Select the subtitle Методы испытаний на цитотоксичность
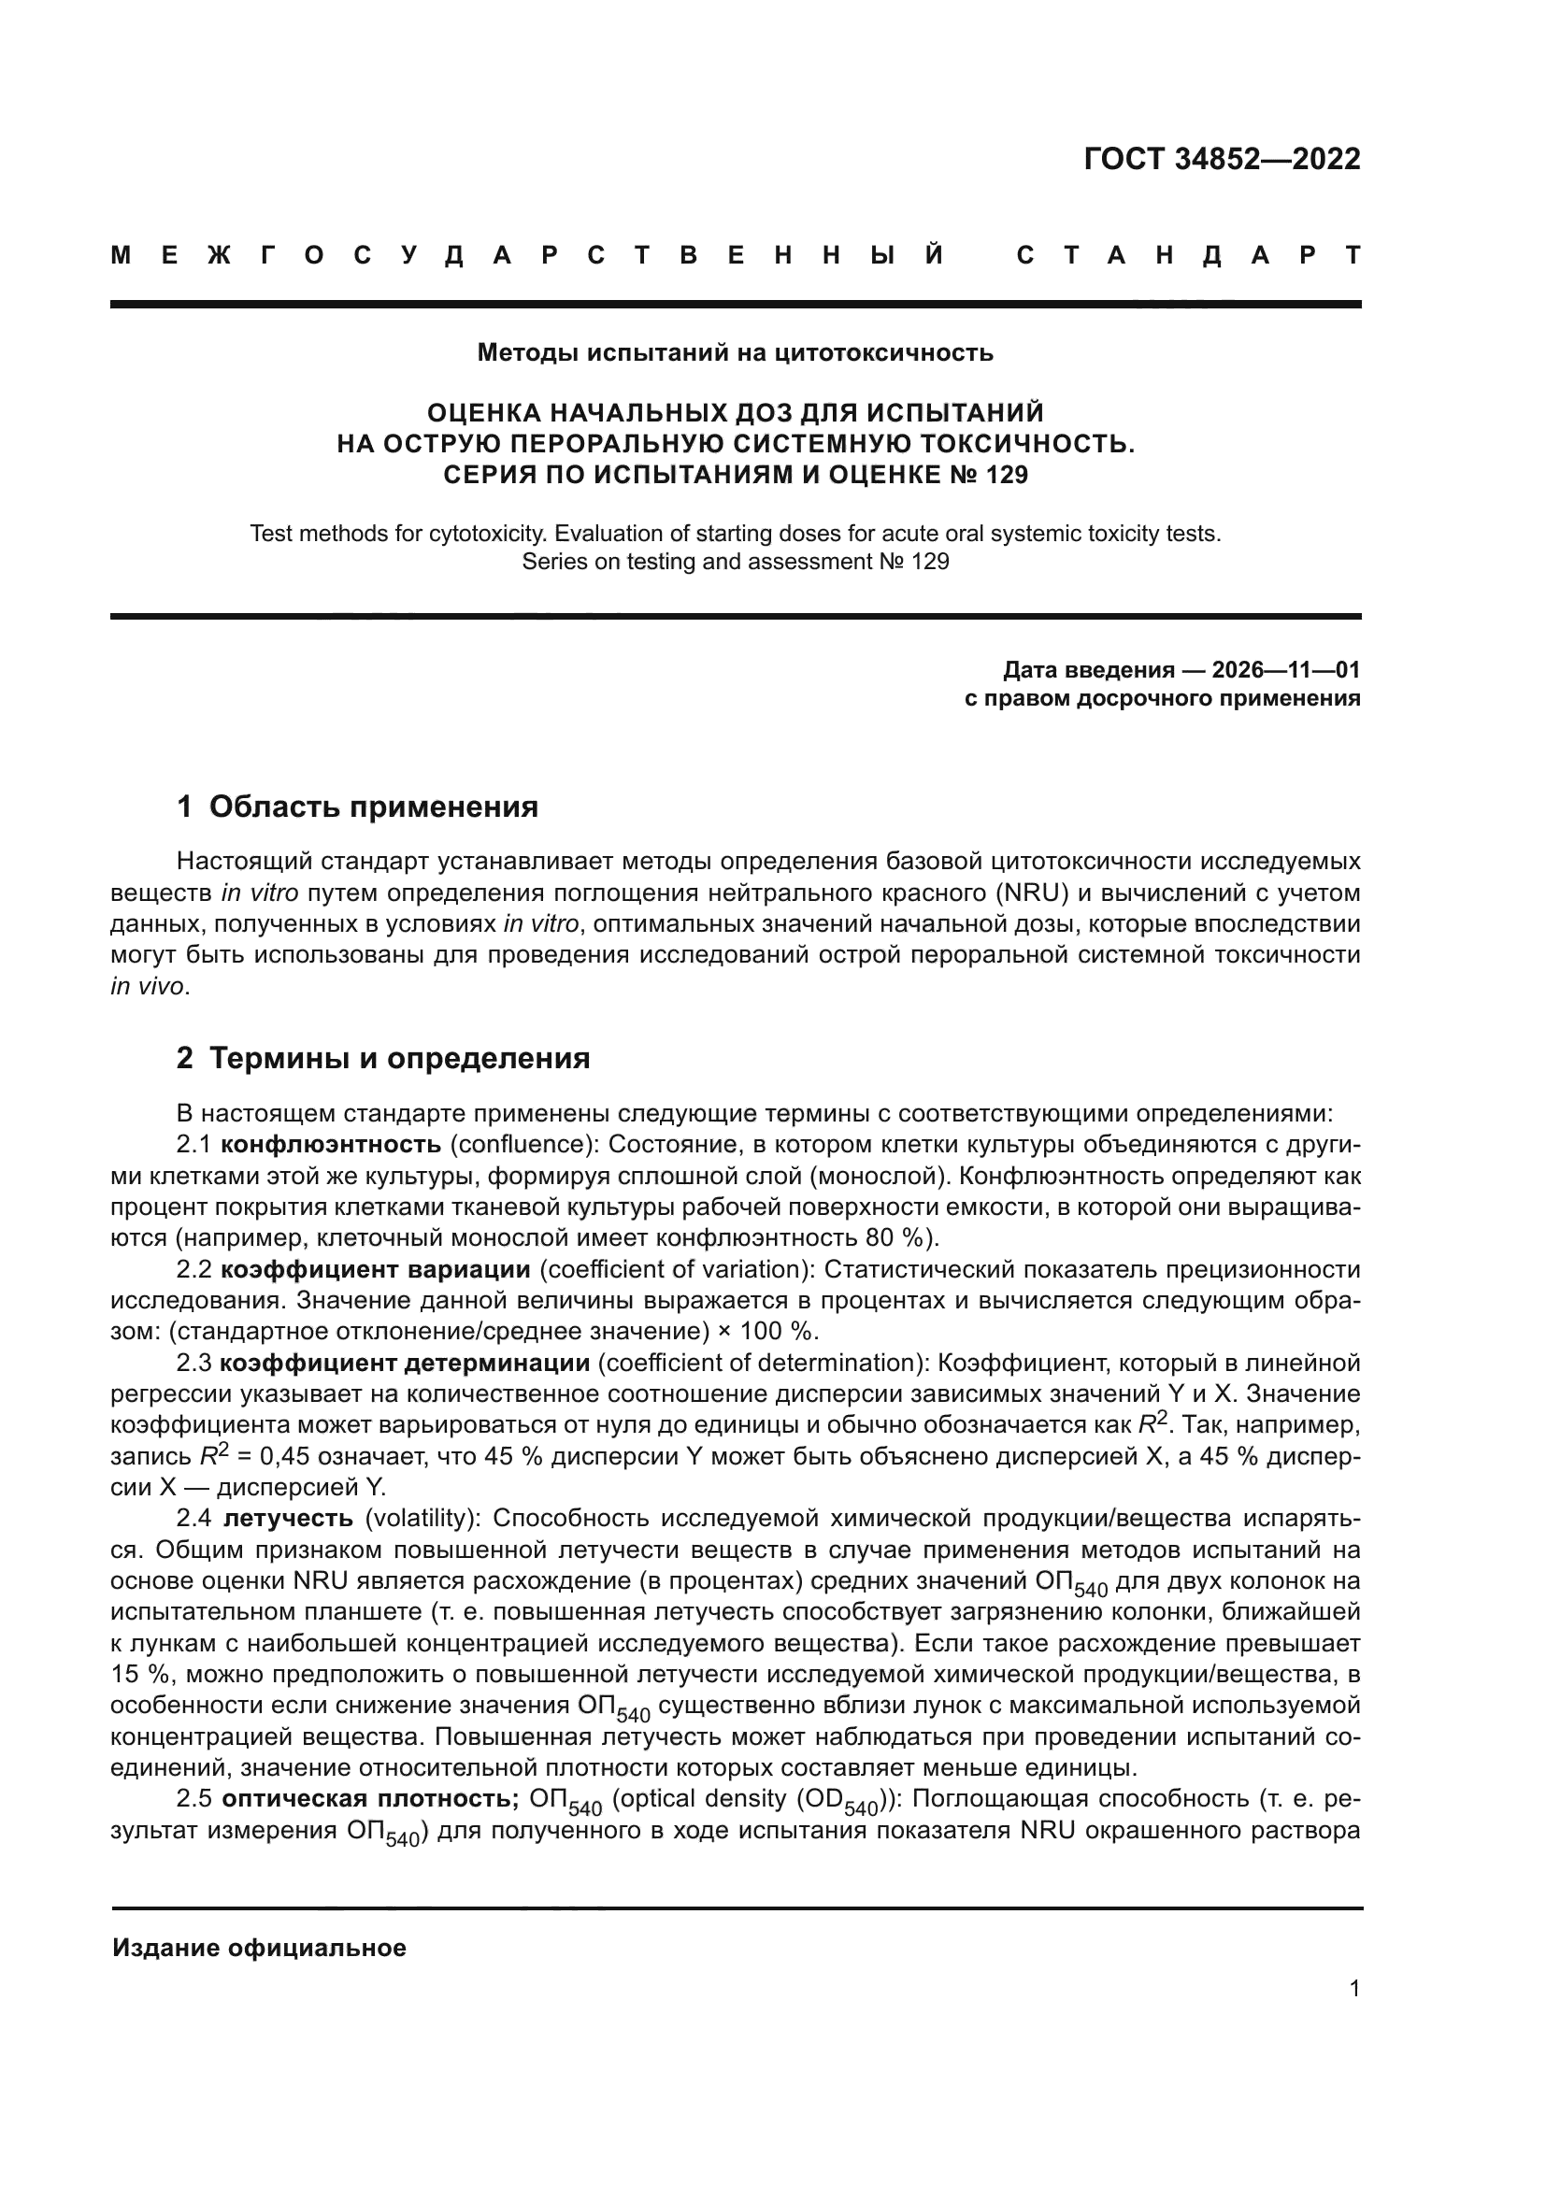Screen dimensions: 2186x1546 point(735,353)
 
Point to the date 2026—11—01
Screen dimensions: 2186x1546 point(1285,670)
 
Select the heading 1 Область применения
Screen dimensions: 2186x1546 point(357,807)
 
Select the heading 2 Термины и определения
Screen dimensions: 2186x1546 point(382,1059)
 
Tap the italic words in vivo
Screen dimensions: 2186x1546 point(148,987)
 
